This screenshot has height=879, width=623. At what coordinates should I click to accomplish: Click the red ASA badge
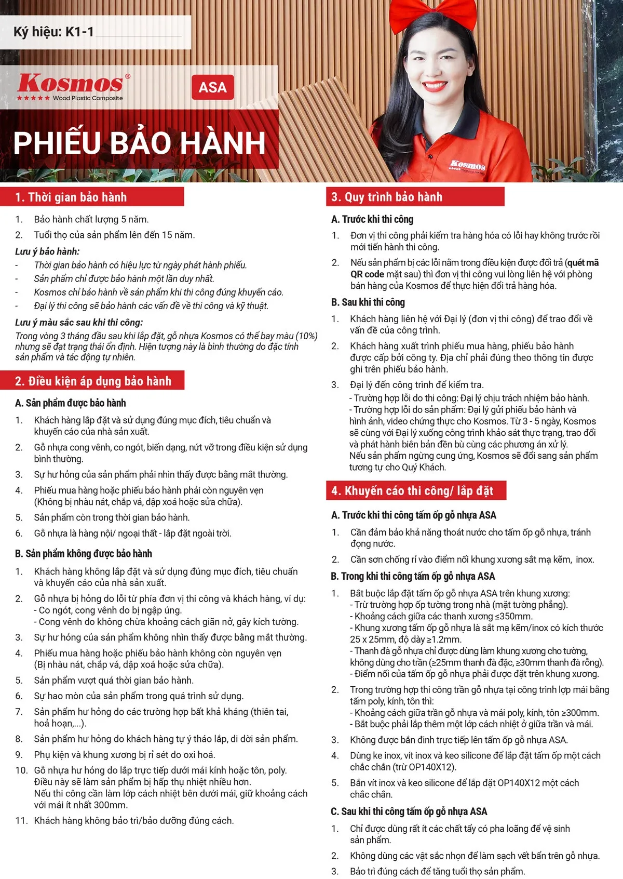pyautogui.click(x=213, y=87)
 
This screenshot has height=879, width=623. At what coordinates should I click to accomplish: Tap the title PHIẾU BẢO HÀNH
pyautogui.click(x=139, y=143)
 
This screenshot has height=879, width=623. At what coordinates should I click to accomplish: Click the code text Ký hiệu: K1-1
pyautogui.click(x=53, y=32)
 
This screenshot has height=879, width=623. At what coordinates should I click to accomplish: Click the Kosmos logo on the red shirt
pyautogui.click(x=468, y=165)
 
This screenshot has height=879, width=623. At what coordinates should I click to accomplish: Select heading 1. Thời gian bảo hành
pyautogui.click(x=71, y=197)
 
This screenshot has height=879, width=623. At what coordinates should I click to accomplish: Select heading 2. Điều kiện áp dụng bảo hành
pyautogui.click(x=93, y=381)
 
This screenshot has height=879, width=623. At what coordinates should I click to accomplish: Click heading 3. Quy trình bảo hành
pyautogui.click(x=387, y=197)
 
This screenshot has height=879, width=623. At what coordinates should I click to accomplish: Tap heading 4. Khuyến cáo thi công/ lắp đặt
pyautogui.click(x=412, y=491)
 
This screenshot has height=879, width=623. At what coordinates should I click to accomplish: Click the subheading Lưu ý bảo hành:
pyautogui.click(x=47, y=251)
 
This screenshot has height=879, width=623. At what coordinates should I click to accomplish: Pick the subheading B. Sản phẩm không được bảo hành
pyautogui.click(x=84, y=554)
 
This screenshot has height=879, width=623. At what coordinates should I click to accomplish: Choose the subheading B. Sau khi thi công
pyautogui.click(x=368, y=302)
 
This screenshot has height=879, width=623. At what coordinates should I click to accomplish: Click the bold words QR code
pyautogui.click(x=367, y=274)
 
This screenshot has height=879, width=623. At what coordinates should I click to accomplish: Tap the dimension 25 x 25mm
pyautogui.click(x=372, y=640)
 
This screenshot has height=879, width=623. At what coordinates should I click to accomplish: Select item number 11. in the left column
pyautogui.click(x=21, y=821)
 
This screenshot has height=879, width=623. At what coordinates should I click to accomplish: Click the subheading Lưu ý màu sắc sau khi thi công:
pyautogui.click(x=79, y=323)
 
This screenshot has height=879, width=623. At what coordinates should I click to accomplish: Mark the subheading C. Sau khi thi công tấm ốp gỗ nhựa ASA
pyautogui.click(x=409, y=811)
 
